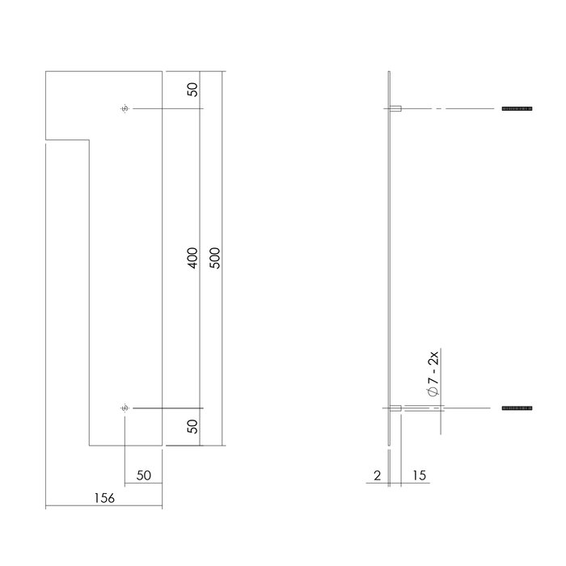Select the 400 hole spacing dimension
[192, 258]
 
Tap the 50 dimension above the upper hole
[192, 90]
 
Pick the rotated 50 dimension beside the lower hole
[192, 427]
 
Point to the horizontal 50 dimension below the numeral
[144, 475]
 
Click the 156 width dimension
[103, 498]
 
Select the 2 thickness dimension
[378, 475]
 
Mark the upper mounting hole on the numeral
[124, 108]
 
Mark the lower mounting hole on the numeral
[124, 408]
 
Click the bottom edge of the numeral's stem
[125, 445]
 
